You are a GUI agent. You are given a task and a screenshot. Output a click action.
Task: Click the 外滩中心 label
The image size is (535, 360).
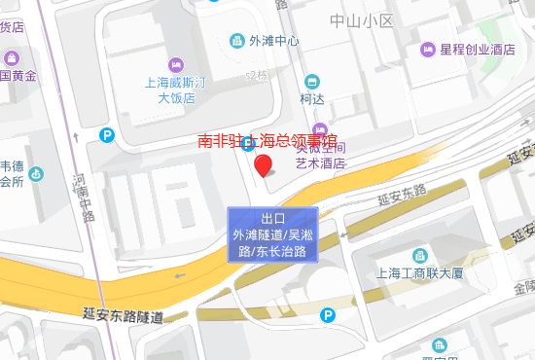tap(273, 41)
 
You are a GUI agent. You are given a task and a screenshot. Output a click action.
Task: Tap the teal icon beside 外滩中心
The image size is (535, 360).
tap(236, 41)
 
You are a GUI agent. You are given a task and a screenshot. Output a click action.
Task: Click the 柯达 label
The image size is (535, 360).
tap(312, 98)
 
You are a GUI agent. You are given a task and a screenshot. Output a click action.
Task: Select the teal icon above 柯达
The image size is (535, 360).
tap(311, 81)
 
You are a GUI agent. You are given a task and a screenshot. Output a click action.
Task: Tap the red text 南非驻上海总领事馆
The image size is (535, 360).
tap(268, 142)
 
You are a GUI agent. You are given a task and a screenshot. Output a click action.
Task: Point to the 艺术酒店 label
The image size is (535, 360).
tap(321, 162)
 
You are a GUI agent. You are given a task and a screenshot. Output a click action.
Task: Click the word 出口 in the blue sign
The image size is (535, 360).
tap(273, 218)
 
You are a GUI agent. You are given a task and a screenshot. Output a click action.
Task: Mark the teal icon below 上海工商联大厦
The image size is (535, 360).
tap(440, 344)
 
